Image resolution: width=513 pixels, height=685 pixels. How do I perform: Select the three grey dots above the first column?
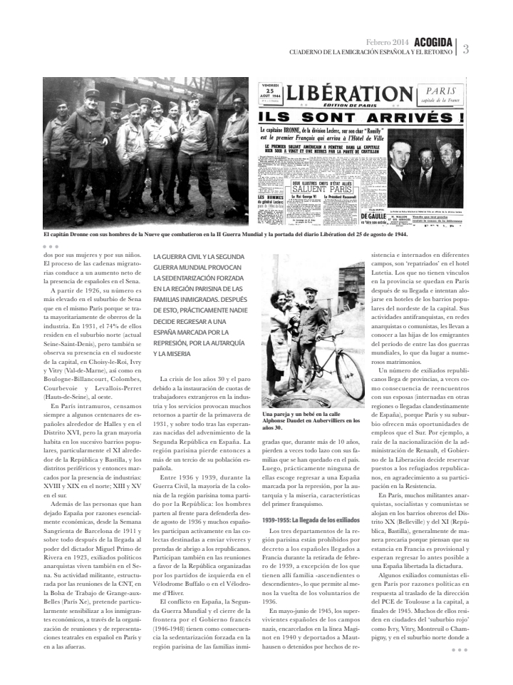click(x=51, y=247)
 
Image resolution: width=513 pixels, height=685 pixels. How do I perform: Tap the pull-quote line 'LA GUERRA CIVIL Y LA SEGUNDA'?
click(x=199, y=256)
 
